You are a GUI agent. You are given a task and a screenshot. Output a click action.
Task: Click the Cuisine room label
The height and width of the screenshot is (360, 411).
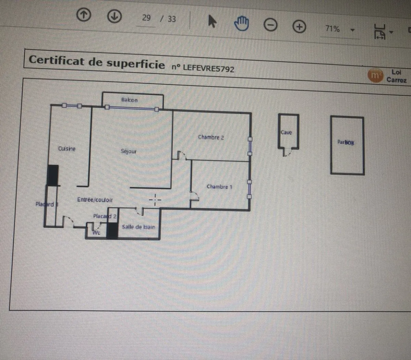click(67, 148)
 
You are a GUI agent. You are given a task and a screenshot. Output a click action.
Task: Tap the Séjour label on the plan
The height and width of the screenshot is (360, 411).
click(128, 151)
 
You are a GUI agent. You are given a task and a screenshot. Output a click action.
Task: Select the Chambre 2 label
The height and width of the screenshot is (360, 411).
click(211, 137)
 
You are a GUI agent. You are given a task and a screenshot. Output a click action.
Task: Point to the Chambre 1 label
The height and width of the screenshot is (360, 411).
click(219, 187)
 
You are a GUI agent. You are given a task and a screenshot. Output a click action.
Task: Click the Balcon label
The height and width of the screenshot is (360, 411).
click(129, 100)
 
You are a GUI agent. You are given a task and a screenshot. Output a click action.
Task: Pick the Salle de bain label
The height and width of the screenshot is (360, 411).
click(138, 227)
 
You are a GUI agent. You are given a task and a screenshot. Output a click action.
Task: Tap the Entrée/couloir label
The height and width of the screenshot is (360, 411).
click(95, 200)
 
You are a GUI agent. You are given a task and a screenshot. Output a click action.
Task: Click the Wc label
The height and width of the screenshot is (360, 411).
click(97, 233)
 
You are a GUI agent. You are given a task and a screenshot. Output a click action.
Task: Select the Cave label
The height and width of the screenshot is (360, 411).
click(286, 132)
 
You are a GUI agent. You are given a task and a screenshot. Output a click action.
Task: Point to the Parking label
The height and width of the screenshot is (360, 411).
click(346, 142)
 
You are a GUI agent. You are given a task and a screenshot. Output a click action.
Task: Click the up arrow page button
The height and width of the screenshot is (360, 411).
click(84, 15)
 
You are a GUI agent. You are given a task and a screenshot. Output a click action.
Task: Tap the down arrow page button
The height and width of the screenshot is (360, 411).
click(114, 16)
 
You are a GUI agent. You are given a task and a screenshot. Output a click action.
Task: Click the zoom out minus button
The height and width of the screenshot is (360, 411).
click(271, 25)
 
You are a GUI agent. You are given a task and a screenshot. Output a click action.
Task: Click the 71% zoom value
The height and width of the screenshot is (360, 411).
click(332, 28)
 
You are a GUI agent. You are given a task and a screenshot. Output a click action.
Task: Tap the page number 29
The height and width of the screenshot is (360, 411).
click(146, 17)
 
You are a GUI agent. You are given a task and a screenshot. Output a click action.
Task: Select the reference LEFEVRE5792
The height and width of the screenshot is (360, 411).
click(208, 68)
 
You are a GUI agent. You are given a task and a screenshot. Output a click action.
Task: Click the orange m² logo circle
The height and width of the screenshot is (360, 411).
click(375, 75)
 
